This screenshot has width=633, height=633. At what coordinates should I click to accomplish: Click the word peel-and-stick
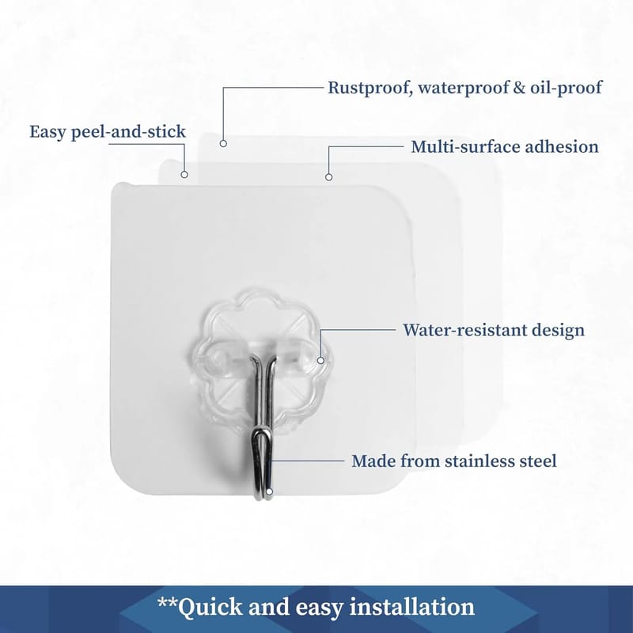128,132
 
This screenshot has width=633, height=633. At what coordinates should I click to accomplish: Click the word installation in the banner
411,607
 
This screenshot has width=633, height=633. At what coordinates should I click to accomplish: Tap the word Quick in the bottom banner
210,608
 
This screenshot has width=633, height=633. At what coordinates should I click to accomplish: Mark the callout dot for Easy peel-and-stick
184,174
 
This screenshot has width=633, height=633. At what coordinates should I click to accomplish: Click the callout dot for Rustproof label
223,143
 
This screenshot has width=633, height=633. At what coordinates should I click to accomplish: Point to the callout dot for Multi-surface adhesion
328,176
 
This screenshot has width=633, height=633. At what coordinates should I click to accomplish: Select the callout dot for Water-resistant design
320,360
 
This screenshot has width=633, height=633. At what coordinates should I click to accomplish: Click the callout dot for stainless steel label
269,491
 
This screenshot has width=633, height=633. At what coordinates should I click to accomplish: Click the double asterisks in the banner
167,602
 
